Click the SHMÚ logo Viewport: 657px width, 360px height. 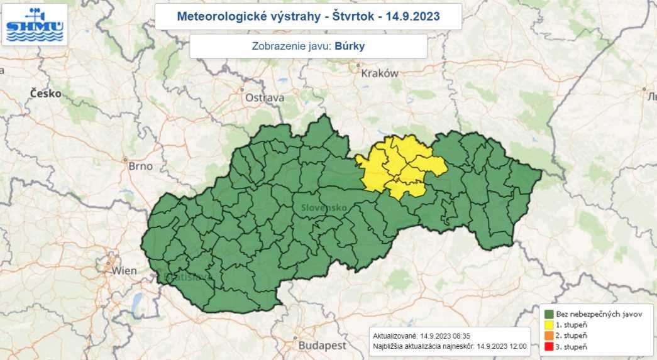[34, 24]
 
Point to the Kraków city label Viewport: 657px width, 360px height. [380, 73]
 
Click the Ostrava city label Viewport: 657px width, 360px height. [265, 97]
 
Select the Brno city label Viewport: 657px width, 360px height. [140, 166]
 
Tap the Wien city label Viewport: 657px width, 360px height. [124, 271]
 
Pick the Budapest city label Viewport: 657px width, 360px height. [322, 346]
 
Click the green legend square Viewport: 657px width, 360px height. [549, 314]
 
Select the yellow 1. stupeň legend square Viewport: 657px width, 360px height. [549, 325]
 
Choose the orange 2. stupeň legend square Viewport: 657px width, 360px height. [549, 336]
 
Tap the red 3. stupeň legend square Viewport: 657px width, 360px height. [549, 347]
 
